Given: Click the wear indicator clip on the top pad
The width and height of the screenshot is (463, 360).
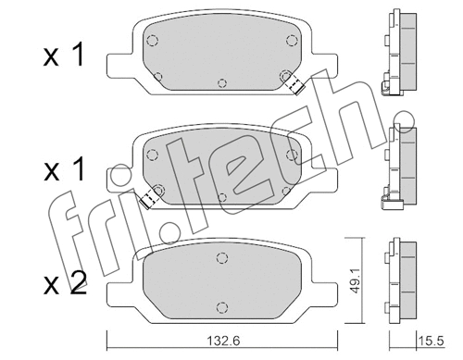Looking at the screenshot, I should (x=294, y=84).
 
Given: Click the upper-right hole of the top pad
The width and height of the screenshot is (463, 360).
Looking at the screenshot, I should (x=292, y=39).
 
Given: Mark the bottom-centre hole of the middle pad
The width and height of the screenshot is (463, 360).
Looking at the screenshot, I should (x=223, y=196).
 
